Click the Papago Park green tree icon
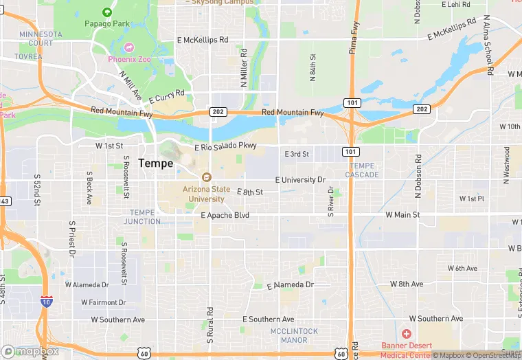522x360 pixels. pyautogui.click(x=107, y=12)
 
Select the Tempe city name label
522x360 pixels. pyautogui.click(x=155, y=163)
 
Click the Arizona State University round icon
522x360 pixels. pyautogui.click(x=204, y=177)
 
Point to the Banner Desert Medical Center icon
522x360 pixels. pyautogui.click(x=407, y=333)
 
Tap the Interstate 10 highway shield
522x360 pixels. pyautogui.click(x=45, y=302)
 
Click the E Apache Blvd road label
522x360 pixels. pyautogui.click(x=225, y=215)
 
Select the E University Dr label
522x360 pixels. pyautogui.click(x=300, y=180)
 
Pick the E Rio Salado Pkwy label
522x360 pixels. pyautogui.click(x=225, y=146)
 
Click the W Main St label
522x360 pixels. pyautogui.click(x=402, y=215)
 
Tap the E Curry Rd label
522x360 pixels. pyautogui.click(x=167, y=96)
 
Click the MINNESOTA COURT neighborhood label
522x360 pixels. pyautogui.click(x=36, y=38)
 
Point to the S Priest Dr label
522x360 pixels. pyautogui.click(x=71, y=240)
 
